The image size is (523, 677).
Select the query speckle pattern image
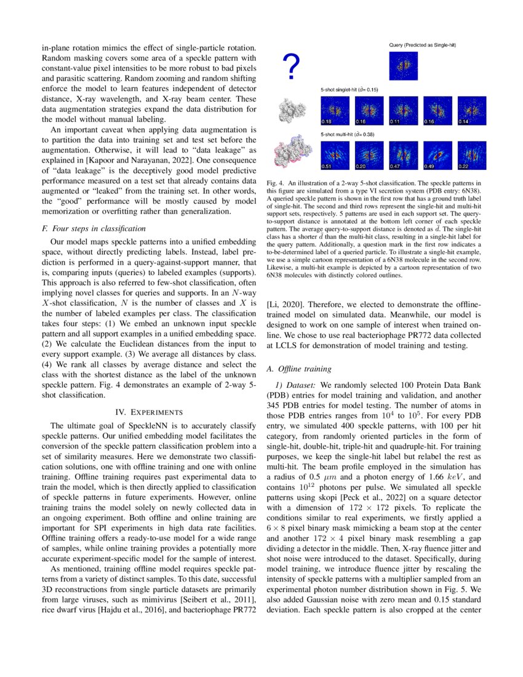(403, 66)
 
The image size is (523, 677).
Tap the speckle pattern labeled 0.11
(403, 111)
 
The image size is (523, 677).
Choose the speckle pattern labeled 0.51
(334, 154)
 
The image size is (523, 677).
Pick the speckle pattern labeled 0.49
(437, 154)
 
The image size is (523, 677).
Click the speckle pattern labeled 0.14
(471, 111)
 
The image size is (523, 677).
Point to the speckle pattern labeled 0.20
(369, 154)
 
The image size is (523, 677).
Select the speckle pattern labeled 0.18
(334, 111)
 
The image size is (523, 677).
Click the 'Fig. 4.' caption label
(276, 183)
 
